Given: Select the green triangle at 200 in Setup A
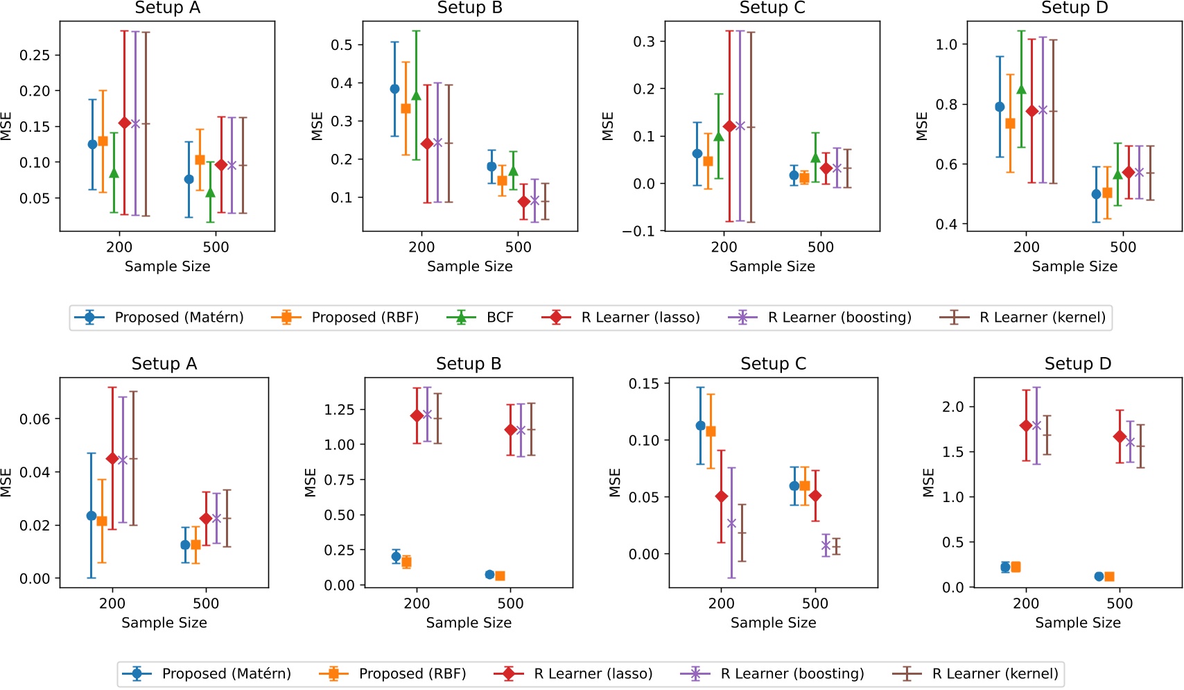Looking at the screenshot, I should click(x=114, y=173).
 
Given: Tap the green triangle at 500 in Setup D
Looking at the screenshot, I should click(x=1117, y=174).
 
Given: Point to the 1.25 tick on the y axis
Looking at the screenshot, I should click(x=339, y=410).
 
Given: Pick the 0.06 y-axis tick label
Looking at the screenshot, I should click(x=35, y=419).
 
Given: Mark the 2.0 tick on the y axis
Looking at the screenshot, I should click(x=953, y=406).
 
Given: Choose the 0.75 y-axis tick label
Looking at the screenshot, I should click(x=339, y=480).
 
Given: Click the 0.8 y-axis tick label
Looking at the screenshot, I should click(x=947, y=105).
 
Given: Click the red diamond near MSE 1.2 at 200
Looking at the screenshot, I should click(x=417, y=415).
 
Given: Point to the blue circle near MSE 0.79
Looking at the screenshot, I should click(x=1000, y=107).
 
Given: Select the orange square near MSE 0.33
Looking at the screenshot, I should click(x=406, y=108).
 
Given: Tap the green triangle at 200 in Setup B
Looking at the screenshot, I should click(x=417, y=95).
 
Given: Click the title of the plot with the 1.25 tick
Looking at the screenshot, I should click(x=469, y=363).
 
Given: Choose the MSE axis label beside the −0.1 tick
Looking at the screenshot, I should click(x=608, y=126).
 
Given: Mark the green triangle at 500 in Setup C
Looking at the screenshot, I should click(x=816, y=157).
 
